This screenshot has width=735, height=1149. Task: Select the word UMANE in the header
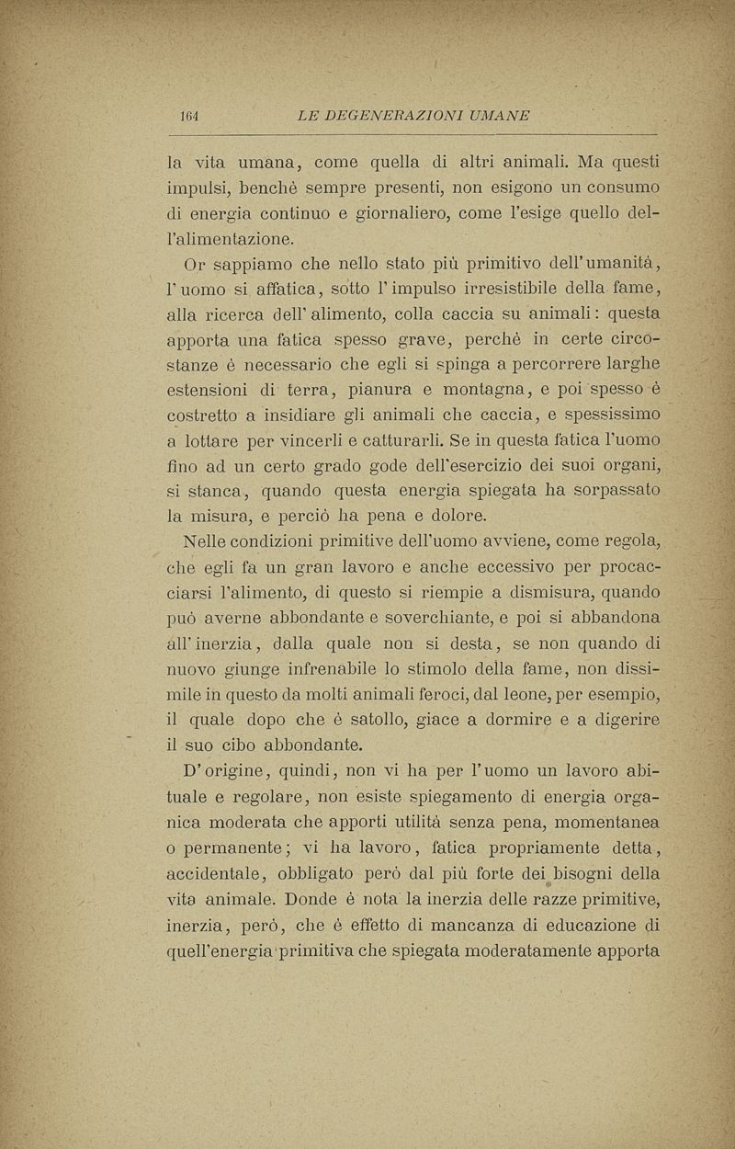point(499,115)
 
